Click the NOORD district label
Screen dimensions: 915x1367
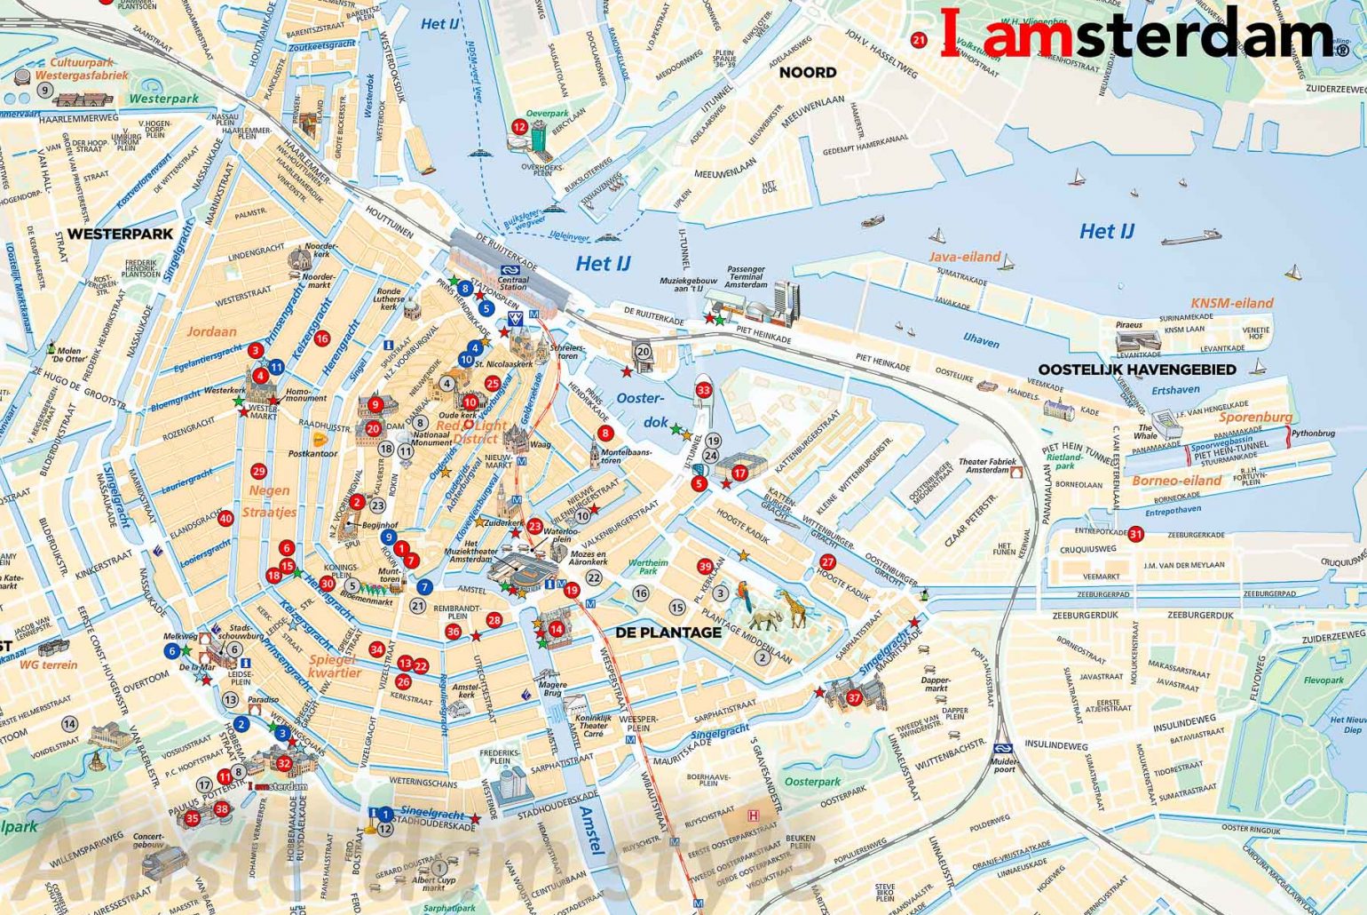pyautogui.click(x=807, y=73)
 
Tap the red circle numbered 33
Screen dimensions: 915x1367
pyautogui.click(x=704, y=390)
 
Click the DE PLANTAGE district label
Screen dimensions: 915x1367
pyautogui.click(x=668, y=633)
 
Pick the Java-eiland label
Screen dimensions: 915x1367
pyautogui.click(x=964, y=257)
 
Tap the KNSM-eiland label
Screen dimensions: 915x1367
pyautogui.click(x=1231, y=303)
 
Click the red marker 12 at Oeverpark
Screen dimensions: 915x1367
pyautogui.click(x=519, y=127)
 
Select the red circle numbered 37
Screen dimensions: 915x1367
pyautogui.click(x=854, y=697)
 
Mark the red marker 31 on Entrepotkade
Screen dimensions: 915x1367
pyautogui.click(x=1135, y=534)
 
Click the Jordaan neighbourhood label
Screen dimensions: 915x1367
pyautogui.click(x=211, y=331)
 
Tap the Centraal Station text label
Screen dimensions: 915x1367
pyautogui.click(x=513, y=282)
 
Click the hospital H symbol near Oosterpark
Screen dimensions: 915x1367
pyautogui.click(x=754, y=816)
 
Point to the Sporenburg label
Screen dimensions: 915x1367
pyautogui.click(x=1255, y=417)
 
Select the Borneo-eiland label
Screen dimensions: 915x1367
pyautogui.click(x=1176, y=481)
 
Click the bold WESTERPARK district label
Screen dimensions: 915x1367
pyautogui.click(x=120, y=235)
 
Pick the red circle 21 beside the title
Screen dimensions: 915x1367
pyautogui.click(x=919, y=39)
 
